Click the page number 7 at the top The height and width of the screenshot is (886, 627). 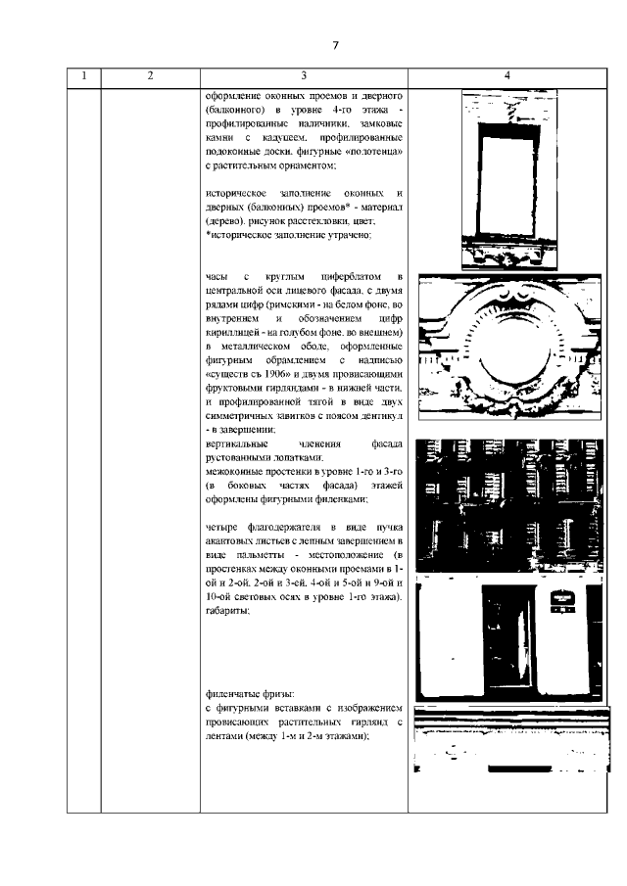pos(335,45)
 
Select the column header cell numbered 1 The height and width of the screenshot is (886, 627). pos(84,76)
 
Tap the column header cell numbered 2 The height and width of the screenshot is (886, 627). pos(150,76)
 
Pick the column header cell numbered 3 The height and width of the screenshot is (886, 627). pos(304,76)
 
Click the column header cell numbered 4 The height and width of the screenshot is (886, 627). pos(506,76)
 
